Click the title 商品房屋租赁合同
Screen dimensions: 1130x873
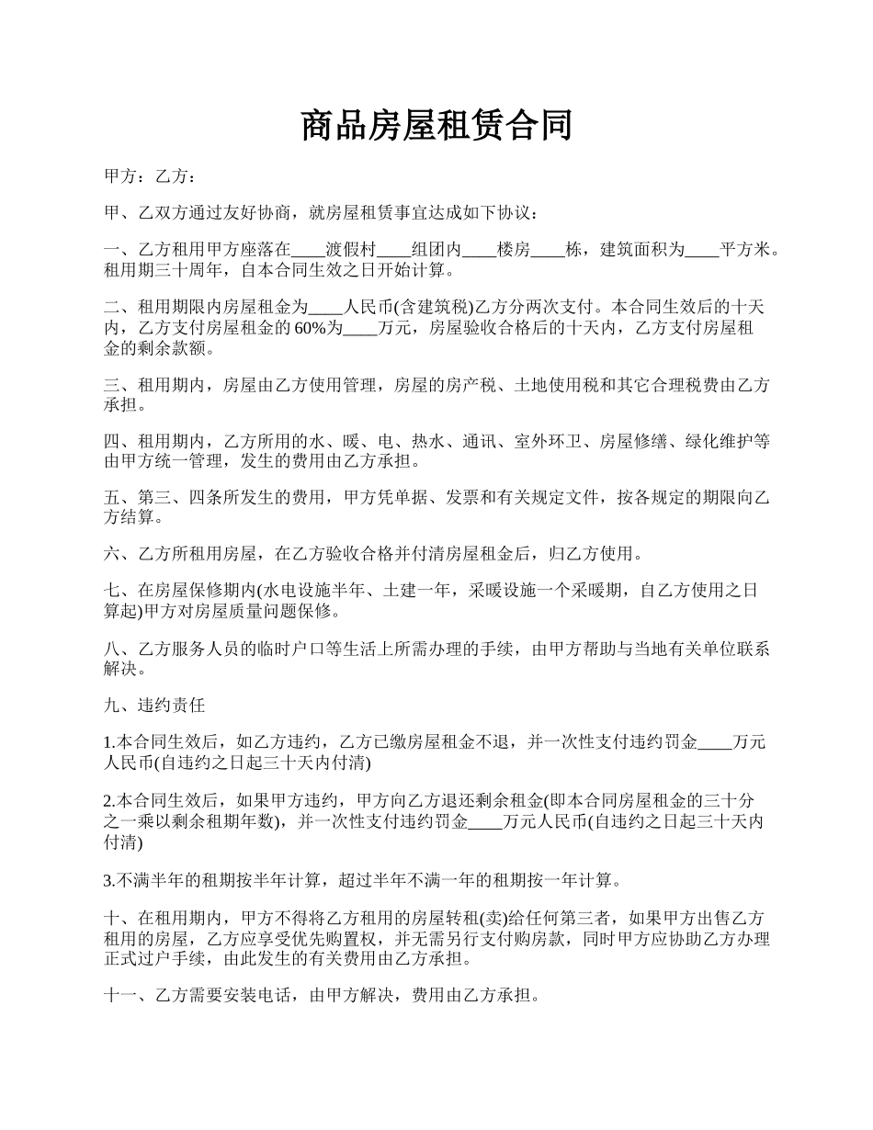click(x=436, y=126)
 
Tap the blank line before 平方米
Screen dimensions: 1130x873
click(x=702, y=249)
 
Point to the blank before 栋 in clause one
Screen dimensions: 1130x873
click(x=549, y=249)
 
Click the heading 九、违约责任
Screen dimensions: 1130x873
click(x=154, y=706)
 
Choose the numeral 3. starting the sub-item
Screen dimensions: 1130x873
click(x=109, y=881)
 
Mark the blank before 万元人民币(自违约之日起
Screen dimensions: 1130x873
click(x=485, y=821)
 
